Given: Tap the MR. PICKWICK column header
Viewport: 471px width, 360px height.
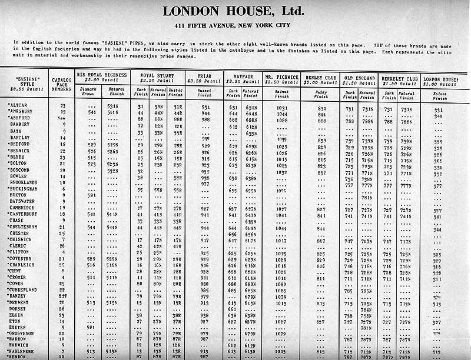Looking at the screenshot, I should pyautogui.click(x=281, y=77).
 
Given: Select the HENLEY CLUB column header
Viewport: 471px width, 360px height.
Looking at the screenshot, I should pyautogui.click(x=321, y=77).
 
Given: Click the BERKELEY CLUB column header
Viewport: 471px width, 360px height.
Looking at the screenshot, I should pyautogui.click(x=399, y=77).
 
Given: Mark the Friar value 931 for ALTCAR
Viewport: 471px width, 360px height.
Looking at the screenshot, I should pyautogui.click(x=205, y=108).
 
